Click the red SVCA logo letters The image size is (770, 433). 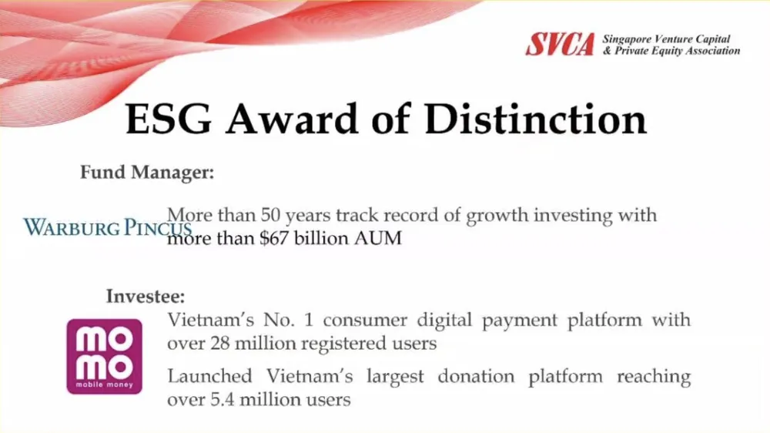click(x=560, y=45)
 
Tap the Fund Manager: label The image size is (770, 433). click(x=146, y=173)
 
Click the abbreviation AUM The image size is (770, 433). click(x=377, y=238)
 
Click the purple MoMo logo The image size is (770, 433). click(x=104, y=356)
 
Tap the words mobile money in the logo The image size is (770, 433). click(x=104, y=384)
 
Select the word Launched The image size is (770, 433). click(x=209, y=377)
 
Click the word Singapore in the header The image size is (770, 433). click(x=626, y=39)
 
